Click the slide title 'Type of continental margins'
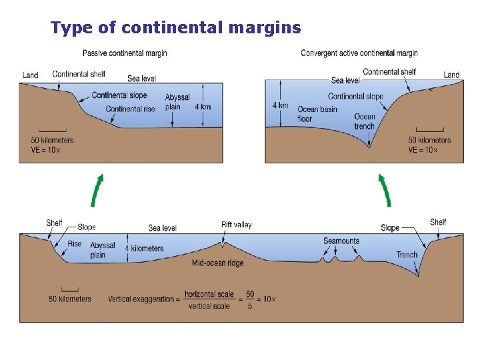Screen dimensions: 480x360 point(176,28)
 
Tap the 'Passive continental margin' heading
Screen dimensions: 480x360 point(125,53)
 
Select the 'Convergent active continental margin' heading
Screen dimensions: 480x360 point(359,53)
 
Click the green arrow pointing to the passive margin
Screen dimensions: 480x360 point(97,190)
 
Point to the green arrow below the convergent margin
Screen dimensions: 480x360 point(385,190)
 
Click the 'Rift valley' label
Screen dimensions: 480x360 point(237,225)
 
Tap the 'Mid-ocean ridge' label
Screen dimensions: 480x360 point(217,263)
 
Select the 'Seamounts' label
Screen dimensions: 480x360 point(341,241)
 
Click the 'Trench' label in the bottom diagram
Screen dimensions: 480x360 point(407,255)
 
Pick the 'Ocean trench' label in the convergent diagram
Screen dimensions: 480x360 point(365,121)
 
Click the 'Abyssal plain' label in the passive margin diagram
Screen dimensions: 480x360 point(177,102)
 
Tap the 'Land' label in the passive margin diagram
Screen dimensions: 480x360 point(31,75)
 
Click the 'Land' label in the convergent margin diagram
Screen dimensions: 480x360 point(451,75)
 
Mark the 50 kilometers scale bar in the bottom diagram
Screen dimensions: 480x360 point(69,289)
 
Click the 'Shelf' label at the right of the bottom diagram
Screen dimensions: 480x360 point(438,222)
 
